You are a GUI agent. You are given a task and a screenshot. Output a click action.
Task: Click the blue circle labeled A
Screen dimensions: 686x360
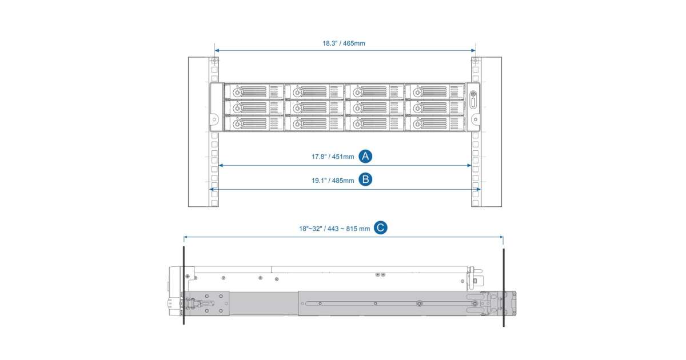pyautogui.click(x=365, y=156)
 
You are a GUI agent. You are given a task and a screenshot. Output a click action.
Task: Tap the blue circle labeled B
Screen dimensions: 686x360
pyautogui.click(x=365, y=179)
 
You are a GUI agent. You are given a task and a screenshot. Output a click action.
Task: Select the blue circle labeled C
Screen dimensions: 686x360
pyautogui.click(x=380, y=228)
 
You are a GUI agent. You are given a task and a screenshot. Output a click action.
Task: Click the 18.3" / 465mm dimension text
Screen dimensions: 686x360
pyautogui.click(x=344, y=43)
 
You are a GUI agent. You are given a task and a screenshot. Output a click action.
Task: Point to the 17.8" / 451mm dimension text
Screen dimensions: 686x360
pyautogui.click(x=333, y=157)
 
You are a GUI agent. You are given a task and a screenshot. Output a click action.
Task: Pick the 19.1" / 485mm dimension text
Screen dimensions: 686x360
pyautogui.click(x=333, y=181)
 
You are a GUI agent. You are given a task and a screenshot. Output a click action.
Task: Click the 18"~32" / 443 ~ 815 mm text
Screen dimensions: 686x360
pyautogui.click(x=334, y=229)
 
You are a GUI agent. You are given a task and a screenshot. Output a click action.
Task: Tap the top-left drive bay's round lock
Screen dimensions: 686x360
pyautogui.click(x=237, y=91)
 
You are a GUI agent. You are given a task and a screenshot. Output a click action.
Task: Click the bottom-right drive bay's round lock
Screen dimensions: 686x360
pyautogui.click(x=417, y=124)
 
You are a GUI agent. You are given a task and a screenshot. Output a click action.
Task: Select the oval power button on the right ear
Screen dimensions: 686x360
pyautogui.click(x=473, y=103)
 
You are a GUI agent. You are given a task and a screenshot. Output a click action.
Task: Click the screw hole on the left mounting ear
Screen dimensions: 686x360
pyautogui.click(x=214, y=119)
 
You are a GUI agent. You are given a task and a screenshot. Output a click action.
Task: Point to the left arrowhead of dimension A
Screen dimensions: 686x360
pyautogui.click(x=221, y=165)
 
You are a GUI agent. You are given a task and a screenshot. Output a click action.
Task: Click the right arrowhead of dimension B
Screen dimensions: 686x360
pyautogui.click(x=478, y=189)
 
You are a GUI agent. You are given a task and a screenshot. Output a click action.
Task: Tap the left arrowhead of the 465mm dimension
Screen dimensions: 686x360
pyautogui.click(x=217, y=50)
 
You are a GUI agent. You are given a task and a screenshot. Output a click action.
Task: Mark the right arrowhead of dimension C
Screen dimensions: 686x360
pyautogui.click(x=501, y=237)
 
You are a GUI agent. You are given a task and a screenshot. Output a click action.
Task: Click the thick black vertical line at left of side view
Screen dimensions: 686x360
pyautogui.click(x=184, y=285)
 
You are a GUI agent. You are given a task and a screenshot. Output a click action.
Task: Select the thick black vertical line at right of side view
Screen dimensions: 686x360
pyautogui.click(x=504, y=287)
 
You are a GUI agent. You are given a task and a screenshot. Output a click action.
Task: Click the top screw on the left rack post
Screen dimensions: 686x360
pyautogui.click(x=214, y=61)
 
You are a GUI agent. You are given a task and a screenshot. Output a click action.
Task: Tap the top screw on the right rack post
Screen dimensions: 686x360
pyautogui.click(x=475, y=61)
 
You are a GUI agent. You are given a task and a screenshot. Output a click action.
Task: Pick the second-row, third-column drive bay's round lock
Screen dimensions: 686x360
pyautogui.click(x=357, y=108)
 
